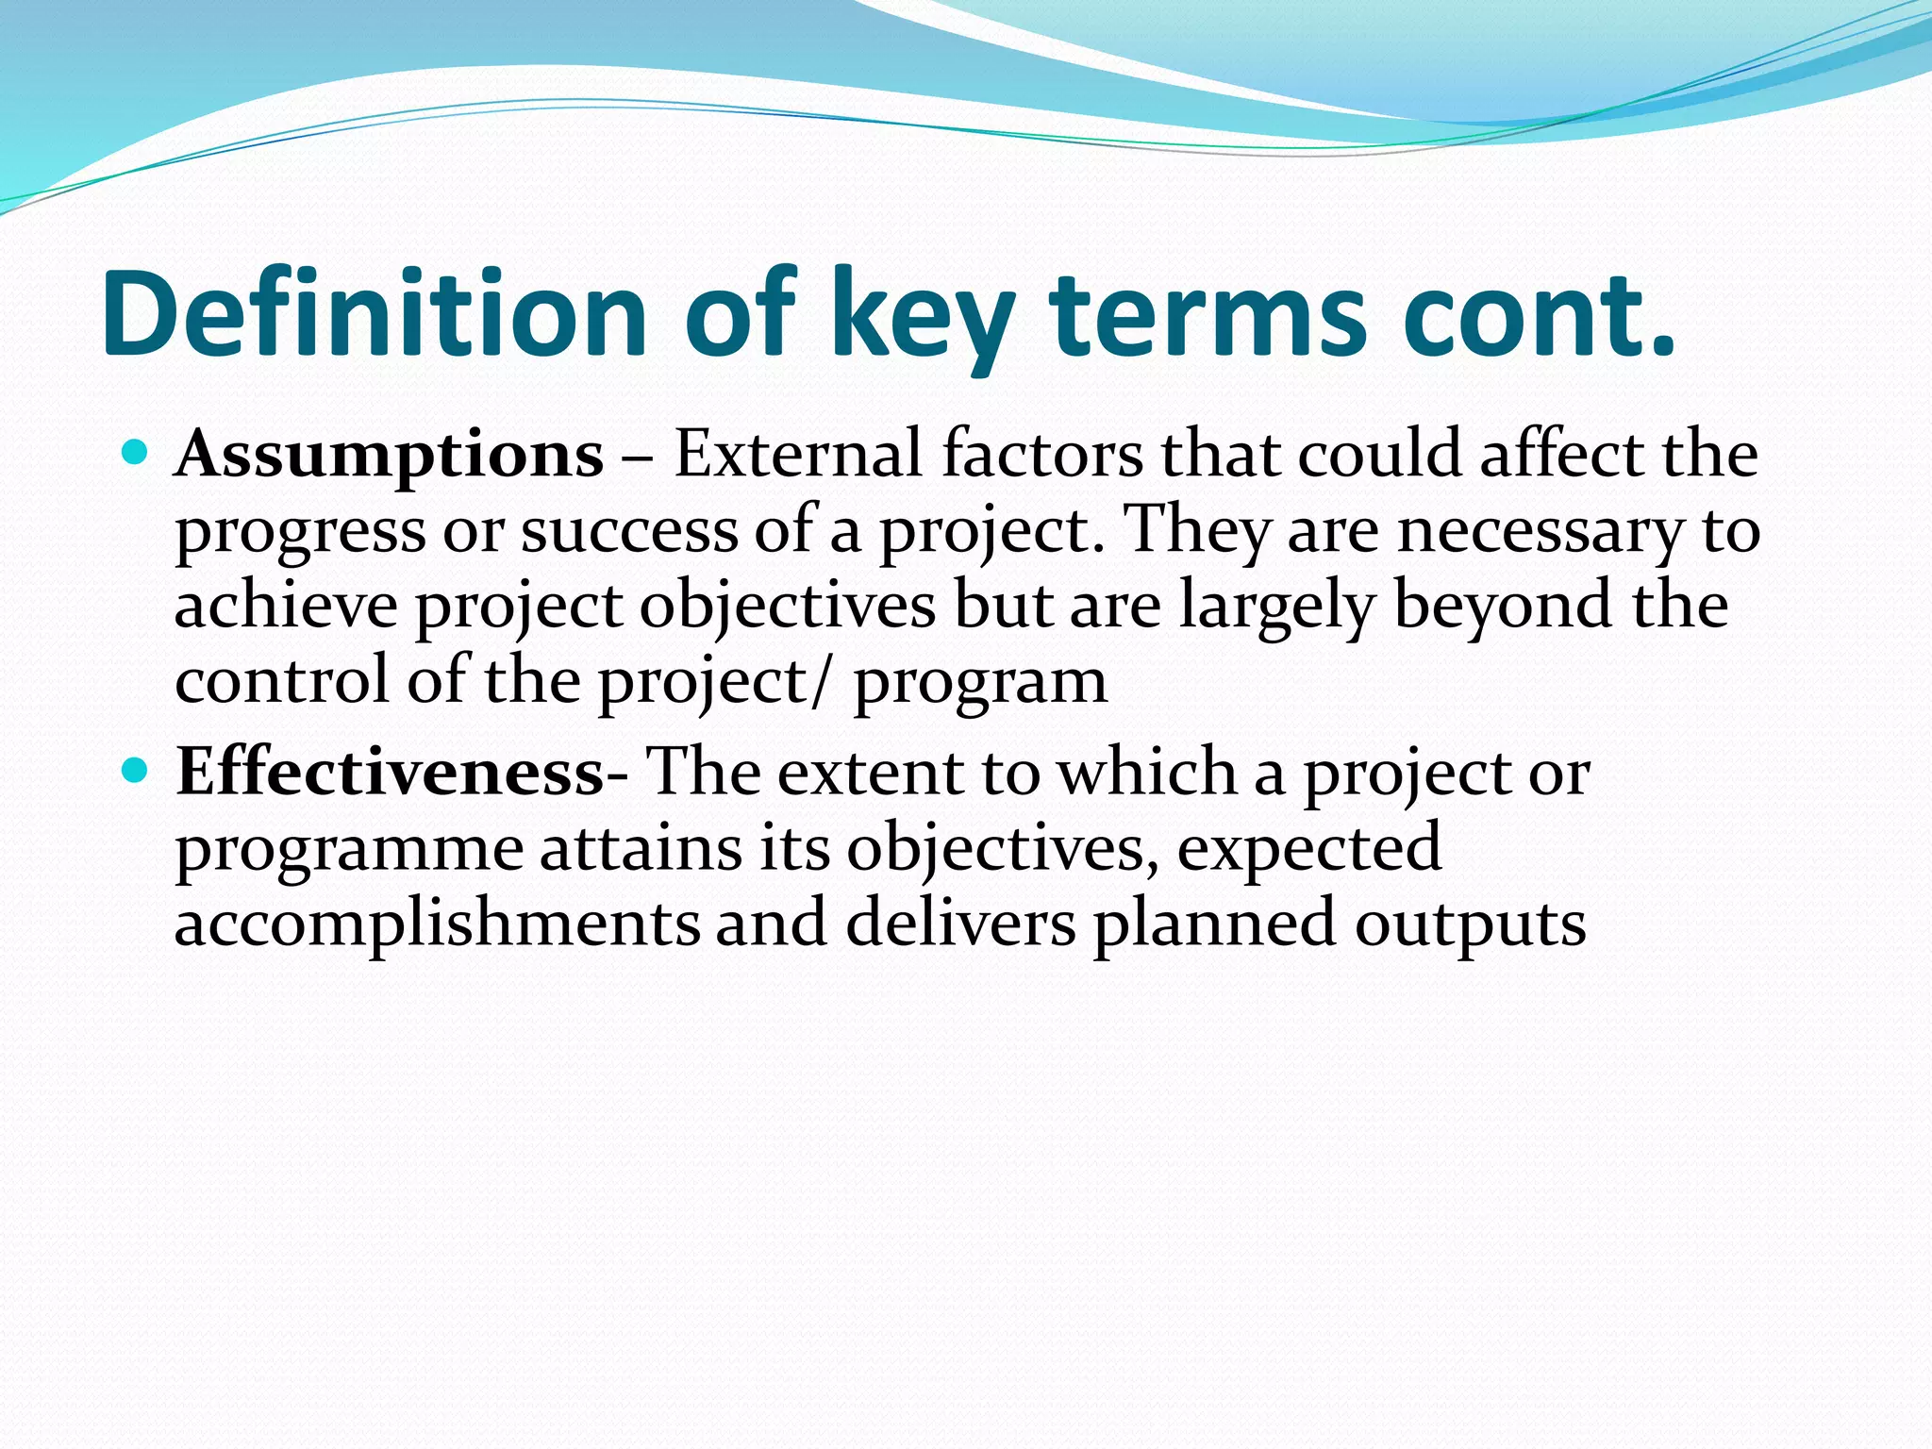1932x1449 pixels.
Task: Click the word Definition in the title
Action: (x=373, y=314)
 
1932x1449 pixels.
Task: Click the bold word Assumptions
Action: (x=389, y=456)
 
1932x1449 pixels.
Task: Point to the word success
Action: (x=629, y=530)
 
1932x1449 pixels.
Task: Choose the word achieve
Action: (x=286, y=606)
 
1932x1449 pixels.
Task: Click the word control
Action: (x=281, y=680)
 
